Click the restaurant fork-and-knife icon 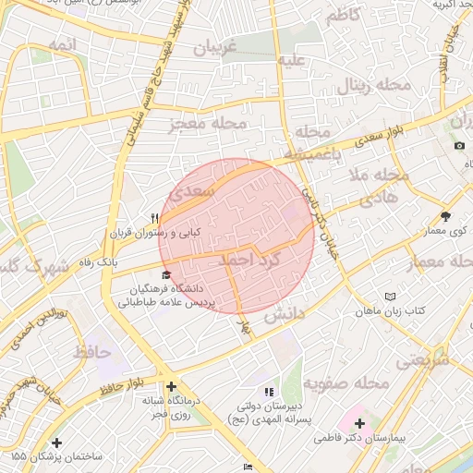(x=155, y=219)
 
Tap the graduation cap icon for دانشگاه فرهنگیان (x=166, y=274)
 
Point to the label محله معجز (x=208, y=122)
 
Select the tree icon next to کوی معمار (x=446, y=215)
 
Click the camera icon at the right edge (x=459, y=145)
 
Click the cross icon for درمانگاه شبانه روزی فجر (x=170, y=386)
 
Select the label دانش (x=285, y=315)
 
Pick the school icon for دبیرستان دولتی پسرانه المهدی (x=269, y=392)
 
